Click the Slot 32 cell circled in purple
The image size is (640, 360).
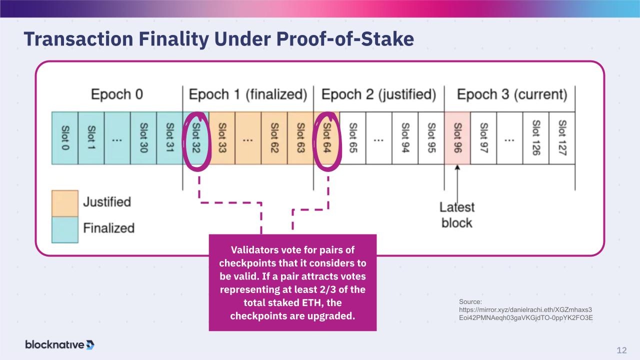pyautogui.click(x=196, y=138)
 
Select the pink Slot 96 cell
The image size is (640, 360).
pyautogui.click(x=457, y=138)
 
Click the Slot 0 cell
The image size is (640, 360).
pyautogui.click(x=65, y=138)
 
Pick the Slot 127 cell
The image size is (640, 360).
pyautogui.click(x=561, y=138)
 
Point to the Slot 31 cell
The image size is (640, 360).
pyautogui.click(x=169, y=138)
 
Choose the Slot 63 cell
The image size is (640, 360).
pyautogui.click(x=300, y=138)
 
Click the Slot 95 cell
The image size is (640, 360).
pyautogui.click(x=431, y=138)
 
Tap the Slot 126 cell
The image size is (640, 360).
pyautogui.click(x=535, y=138)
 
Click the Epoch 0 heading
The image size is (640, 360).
pyautogui.click(x=117, y=94)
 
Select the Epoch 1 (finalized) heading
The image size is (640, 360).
pyautogui.click(x=247, y=94)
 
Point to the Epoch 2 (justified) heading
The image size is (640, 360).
pyautogui.click(x=378, y=94)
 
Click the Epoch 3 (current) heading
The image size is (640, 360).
pyautogui.click(x=512, y=94)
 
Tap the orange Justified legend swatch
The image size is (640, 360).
pyautogui.click(x=65, y=203)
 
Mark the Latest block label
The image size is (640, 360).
pyautogui.click(x=457, y=214)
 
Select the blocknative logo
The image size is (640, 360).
pyautogui.click(x=60, y=344)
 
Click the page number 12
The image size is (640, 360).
pyautogui.click(x=621, y=350)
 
